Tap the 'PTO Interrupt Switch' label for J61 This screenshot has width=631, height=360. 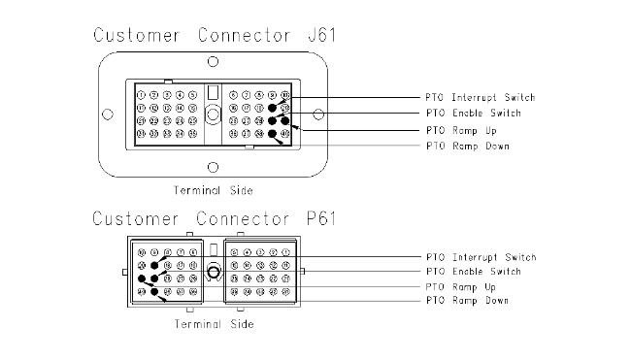click(x=480, y=98)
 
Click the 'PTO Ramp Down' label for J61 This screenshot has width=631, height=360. click(x=467, y=145)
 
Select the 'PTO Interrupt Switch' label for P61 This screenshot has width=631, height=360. click(x=480, y=256)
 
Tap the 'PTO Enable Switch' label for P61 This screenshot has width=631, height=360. click(x=473, y=271)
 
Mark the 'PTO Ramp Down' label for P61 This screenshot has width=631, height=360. click(x=467, y=301)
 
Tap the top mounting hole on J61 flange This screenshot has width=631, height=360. click(x=213, y=61)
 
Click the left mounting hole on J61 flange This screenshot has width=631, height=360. click(x=109, y=115)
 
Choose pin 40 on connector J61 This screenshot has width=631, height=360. click(x=285, y=134)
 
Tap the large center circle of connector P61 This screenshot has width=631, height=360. click(x=214, y=273)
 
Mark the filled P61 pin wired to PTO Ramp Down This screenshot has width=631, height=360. click(x=154, y=292)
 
